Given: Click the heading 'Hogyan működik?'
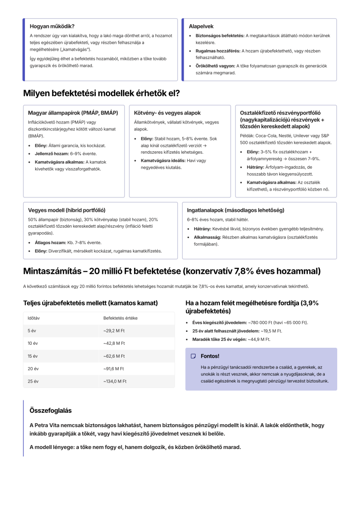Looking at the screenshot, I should coord(52,26).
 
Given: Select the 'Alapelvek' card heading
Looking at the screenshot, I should coord(201,26).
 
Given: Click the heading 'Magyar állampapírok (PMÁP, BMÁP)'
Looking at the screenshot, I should coord(73,113).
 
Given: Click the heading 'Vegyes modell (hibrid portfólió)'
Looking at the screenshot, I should coord(67,210).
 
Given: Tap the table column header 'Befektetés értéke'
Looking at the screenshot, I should coord(120,317).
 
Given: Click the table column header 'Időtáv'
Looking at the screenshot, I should coord(34,317).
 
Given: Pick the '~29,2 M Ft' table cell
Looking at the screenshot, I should coord(114,330).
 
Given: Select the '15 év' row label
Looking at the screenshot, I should coord(33,356).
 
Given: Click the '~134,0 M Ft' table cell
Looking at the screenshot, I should coord(115,381).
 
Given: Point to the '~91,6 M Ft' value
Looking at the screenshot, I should coord(114,369).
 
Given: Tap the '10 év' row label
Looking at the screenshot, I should coord(33,343).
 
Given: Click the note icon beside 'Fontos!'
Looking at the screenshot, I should coord(194,356).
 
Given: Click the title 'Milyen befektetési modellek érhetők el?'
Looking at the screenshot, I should coord(101,93).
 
